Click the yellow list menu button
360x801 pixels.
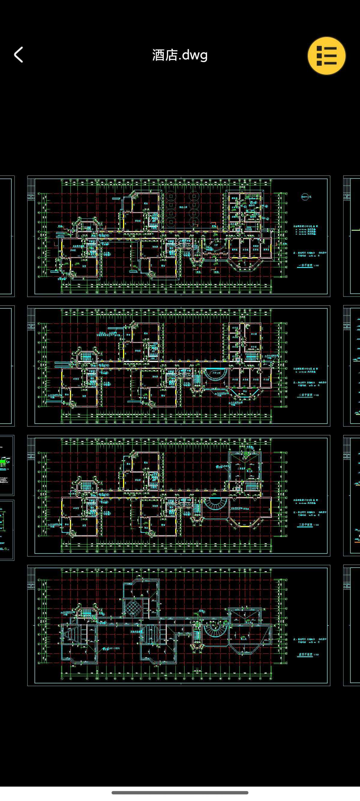326,56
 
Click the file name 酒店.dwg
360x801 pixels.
180,55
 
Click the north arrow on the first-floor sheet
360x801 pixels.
305,196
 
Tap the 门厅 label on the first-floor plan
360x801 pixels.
215,245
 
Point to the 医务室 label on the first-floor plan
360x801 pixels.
256,250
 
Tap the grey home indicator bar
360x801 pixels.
180,793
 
